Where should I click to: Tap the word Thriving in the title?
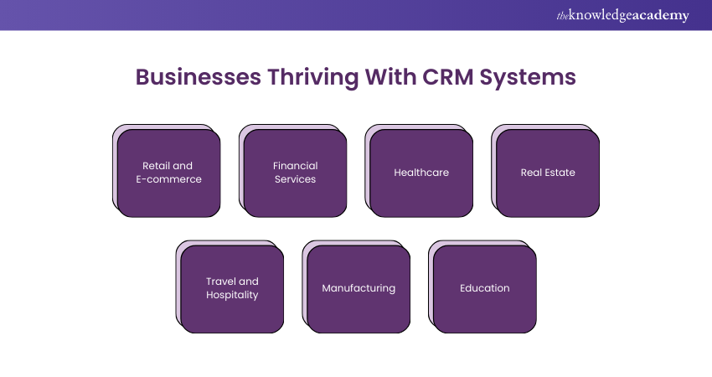click(x=312, y=77)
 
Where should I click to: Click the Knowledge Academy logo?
click(x=623, y=15)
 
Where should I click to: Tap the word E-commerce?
click(x=172, y=179)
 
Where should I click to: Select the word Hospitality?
click(x=232, y=295)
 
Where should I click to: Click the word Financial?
click(x=296, y=166)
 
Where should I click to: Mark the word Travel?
click(x=220, y=281)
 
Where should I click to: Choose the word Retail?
click(x=156, y=166)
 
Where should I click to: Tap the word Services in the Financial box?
click(x=296, y=179)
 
